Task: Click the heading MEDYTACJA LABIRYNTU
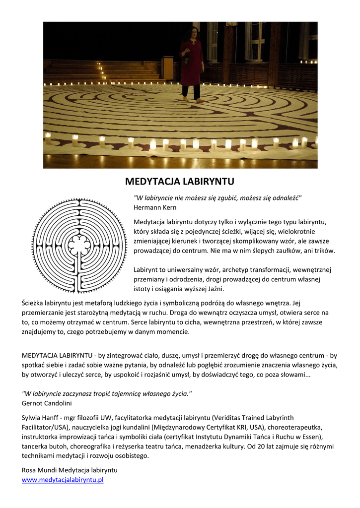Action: (x=179, y=181)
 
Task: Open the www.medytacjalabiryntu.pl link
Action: (x=63, y=480)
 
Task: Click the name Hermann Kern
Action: (x=155, y=207)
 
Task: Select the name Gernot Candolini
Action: (x=47, y=403)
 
